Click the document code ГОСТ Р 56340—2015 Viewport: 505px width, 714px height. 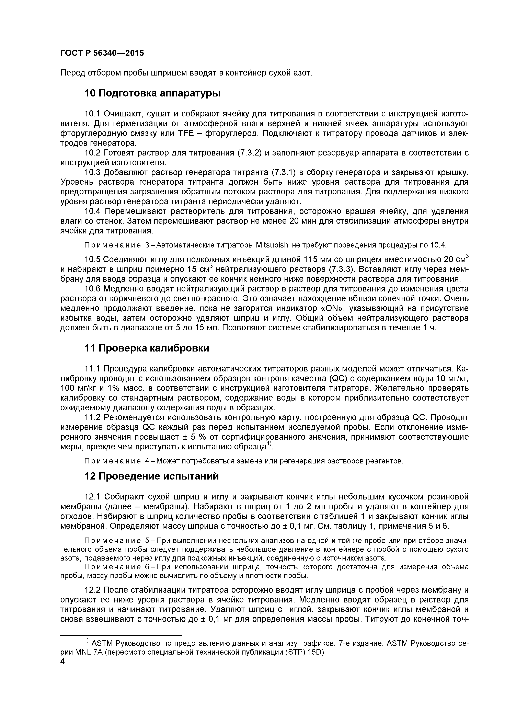coord(102,53)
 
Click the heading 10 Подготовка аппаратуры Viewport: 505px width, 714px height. coord(152,93)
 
